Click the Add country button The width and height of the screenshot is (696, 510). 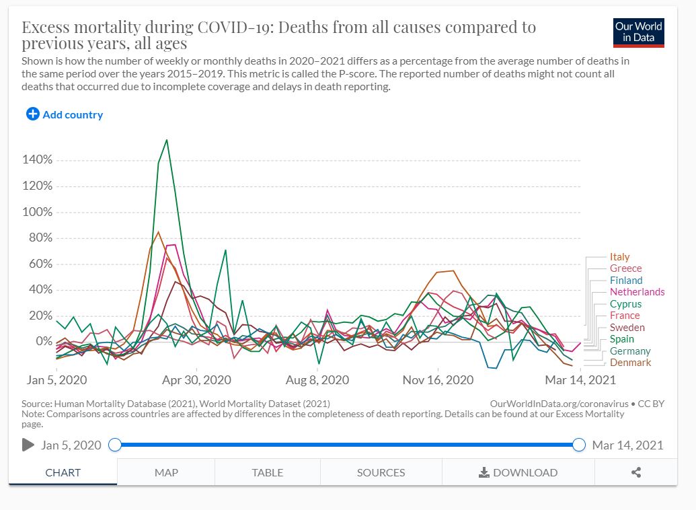click(65, 114)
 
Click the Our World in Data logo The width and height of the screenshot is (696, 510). click(638, 32)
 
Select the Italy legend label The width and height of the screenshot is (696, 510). click(619, 257)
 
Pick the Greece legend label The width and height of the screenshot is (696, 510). click(625, 268)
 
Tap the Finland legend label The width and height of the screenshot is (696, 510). click(626, 281)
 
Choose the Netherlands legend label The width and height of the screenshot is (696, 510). click(637, 292)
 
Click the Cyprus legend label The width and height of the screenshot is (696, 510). click(625, 304)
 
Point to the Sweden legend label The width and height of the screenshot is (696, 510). click(627, 328)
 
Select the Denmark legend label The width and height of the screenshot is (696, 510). click(630, 363)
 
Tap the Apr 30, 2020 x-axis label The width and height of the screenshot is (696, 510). click(196, 380)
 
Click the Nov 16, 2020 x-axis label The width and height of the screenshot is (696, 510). click(438, 380)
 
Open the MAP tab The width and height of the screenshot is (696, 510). click(166, 472)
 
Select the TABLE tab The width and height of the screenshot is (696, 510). click(267, 472)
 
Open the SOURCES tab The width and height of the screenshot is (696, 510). click(381, 472)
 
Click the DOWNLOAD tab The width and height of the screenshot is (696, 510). click(518, 472)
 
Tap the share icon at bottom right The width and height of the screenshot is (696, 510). click(635, 472)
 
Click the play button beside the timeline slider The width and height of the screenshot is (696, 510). click(28, 445)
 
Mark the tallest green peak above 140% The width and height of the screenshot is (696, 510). click(167, 140)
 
